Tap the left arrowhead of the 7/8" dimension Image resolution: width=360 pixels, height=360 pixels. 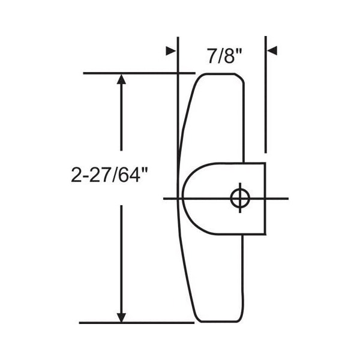[x=172, y=51]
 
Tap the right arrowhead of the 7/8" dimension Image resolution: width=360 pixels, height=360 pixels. [x=271, y=51]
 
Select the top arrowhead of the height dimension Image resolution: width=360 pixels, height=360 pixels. [x=122, y=80]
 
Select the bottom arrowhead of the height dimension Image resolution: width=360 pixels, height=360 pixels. [x=122, y=316]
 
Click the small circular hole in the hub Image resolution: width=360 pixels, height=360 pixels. [x=239, y=198]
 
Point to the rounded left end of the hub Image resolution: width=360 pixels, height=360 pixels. [x=184, y=198]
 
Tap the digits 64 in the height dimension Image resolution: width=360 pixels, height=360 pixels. [x=128, y=175]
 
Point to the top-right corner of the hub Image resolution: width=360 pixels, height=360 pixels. [x=265, y=163]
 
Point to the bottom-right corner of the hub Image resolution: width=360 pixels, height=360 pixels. [x=265, y=233]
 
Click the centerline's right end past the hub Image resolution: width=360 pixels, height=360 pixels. [x=286, y=198]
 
